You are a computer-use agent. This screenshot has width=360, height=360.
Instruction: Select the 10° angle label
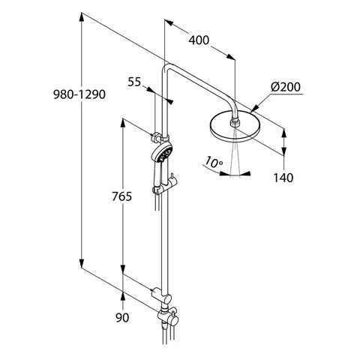pyautogui.click(x=215, y=161)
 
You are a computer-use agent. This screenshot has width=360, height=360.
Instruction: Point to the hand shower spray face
pyautogui.click(x=163, y=153)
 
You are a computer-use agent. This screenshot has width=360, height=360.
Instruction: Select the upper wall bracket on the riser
pyautogui.click(x=157, y=136)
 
